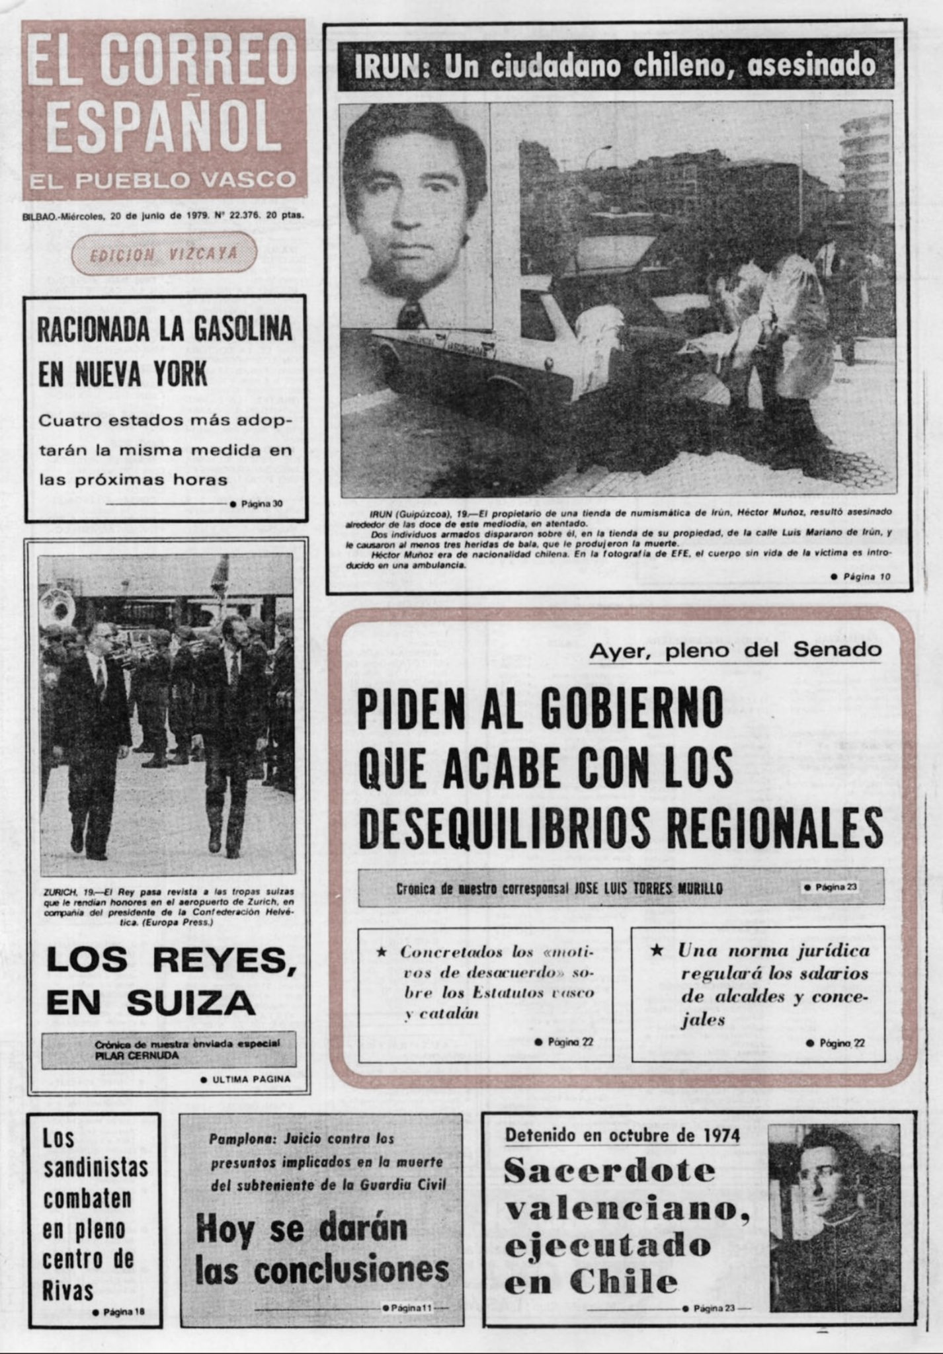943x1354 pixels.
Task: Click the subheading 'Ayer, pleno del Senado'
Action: pyautogui.click(x=735, y=651)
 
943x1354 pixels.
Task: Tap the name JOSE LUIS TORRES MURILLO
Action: pyautogui.click(x=650, y=888)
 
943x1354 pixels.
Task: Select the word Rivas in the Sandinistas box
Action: pyautogui.click(x=68, y=1290)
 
